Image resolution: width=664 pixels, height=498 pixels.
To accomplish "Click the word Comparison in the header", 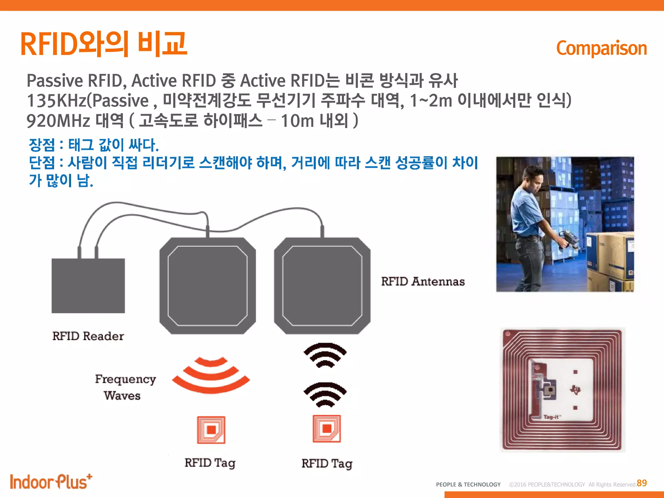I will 601,48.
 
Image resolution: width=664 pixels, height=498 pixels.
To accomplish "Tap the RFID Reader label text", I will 88,336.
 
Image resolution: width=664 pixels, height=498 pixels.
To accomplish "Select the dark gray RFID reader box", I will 88,286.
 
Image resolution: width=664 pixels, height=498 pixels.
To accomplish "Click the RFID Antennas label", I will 423,281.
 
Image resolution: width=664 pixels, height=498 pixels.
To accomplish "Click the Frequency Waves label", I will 125,387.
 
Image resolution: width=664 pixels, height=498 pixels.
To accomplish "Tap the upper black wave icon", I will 325,355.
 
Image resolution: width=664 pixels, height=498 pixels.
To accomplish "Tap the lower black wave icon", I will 325,395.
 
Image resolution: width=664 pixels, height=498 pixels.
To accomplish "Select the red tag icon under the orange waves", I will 211,430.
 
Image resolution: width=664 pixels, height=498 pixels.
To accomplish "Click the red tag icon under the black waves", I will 326,429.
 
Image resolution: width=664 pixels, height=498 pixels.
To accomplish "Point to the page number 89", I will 642,483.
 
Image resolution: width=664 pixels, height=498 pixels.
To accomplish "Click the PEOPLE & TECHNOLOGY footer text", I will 468,484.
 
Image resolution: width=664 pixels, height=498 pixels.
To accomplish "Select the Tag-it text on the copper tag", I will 551,417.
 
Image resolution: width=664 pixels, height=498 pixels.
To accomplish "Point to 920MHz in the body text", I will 58,121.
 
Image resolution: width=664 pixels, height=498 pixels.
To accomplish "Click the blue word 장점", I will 42,145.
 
